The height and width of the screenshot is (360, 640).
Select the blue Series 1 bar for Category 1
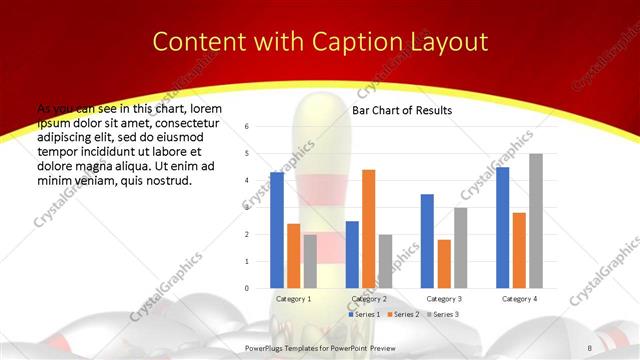(x=277, y=230)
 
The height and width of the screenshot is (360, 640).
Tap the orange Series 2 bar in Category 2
(x=368, y=229)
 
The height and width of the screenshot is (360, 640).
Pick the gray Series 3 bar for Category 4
(x=536, y=221)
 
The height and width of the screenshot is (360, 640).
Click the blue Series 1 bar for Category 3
(x=427, y=241)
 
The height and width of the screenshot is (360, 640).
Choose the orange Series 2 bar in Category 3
(x=444, y=264)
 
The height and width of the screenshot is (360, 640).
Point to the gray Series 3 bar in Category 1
(x=310, y=261)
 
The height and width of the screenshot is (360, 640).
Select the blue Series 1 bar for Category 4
(x=503, y=227)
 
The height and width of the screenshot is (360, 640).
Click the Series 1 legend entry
(x=363, y=314)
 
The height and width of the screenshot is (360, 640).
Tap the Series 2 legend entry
(x=401, y=314)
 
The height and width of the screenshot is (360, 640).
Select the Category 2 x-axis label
(x=368, y=299)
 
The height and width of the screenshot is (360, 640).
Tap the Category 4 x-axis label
(x=519, y=299)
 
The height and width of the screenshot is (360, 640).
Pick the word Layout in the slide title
(x=452, y=42)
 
